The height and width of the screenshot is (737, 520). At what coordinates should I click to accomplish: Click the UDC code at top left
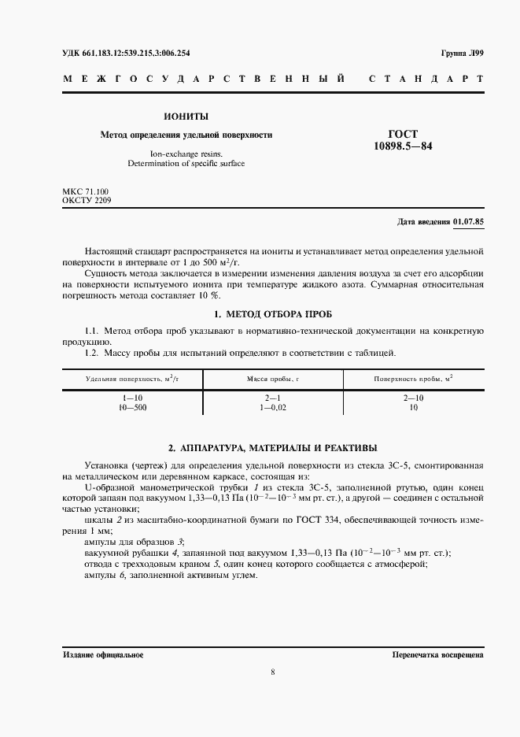click(x=126, y=54)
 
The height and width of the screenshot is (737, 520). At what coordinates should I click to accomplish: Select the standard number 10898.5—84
click(x=403, y=146)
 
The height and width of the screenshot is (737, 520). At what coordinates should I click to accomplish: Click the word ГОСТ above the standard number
click(x=403, y=134)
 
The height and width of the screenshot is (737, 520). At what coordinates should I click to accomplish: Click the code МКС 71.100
click(x=86, y=191)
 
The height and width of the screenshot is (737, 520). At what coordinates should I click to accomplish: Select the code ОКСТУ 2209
click(x=87, y=201)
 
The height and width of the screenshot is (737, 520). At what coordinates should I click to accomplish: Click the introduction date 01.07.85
click(x=469, y=222)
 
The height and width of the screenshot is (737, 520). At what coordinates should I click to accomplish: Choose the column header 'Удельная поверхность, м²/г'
click(x=133, y=379)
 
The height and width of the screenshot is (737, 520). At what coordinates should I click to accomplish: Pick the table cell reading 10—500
click(x=133, y=407)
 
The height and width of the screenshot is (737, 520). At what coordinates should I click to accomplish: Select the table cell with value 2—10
click(x=413, y=398)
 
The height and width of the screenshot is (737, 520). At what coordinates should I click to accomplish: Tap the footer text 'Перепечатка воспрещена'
click(x=437, y=655)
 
